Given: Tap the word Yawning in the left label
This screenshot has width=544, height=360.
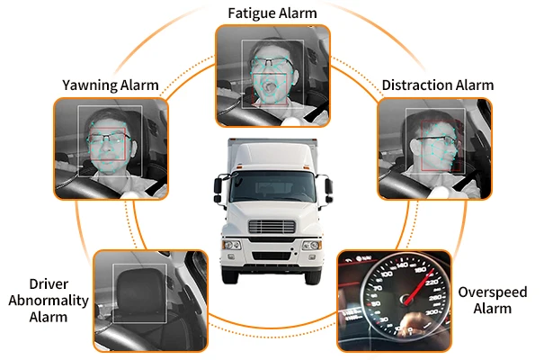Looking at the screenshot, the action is (86, 85).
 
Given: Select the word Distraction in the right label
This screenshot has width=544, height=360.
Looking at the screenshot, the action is (415, 85).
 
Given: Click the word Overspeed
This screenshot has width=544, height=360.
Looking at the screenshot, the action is (493, 292).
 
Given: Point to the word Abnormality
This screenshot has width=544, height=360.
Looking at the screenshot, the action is (49, 301).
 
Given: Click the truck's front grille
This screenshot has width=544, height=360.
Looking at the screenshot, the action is (272, 227).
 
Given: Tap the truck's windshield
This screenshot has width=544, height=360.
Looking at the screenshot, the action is (272, 186).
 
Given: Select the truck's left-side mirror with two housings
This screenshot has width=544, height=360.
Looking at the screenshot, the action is (218, 189).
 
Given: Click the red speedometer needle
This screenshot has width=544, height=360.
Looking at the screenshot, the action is (419, 287).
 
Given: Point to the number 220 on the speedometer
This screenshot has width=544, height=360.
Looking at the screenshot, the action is (432, 283).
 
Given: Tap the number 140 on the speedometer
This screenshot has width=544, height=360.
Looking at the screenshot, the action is (402, 265).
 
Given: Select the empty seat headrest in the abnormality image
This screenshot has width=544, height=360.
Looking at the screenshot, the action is (138, 291).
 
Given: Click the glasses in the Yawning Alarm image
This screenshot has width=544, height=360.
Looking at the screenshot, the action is (108, 139).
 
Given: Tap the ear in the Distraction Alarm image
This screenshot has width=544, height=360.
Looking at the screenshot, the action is (415, 146).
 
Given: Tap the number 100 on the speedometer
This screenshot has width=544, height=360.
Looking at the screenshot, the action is (387, 274).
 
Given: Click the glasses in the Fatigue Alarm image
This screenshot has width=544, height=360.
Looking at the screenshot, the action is (272, 63).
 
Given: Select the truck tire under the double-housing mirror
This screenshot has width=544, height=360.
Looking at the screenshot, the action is (230, 276).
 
